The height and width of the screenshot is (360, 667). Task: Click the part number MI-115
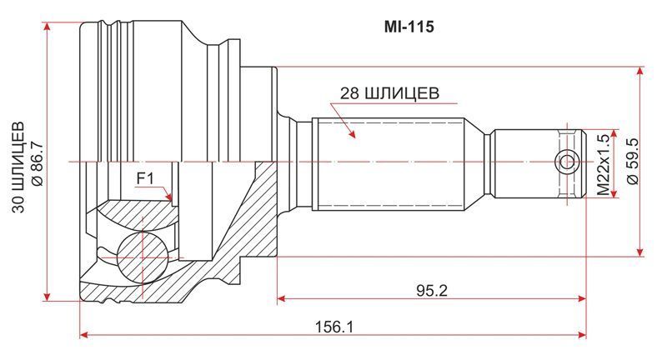(x=409, y=27)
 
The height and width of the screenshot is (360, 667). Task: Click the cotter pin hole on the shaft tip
(x=567, y=162)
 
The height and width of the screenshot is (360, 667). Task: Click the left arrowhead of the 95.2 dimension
(x=281, y=297)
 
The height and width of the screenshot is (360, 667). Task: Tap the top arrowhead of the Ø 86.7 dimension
(x=48, y=26)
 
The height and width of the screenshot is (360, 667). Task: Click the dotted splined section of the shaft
(x=388, y=162)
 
